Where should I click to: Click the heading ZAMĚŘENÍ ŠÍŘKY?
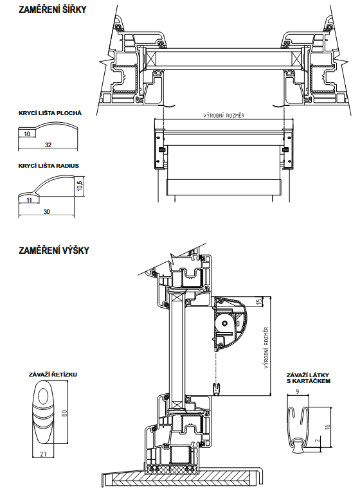click(x=53, y=10)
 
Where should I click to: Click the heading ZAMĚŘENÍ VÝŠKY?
click(x=53, y=250)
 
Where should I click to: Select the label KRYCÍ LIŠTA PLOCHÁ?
click(x=50, y=113)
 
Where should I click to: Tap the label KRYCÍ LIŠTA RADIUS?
click(x=49, y=166)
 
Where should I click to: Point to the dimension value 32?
click(x=48, y=145)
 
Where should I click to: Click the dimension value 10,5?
click(x=80, y=186)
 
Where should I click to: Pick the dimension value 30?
click(x=46, y=212)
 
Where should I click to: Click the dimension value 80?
click(x=64, y=413)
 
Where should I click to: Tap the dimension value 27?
click(x=43, y=454)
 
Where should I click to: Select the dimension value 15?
click(x=258, y=301)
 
